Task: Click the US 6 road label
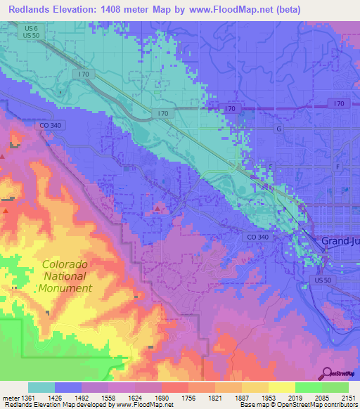29,27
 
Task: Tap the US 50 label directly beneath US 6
29,35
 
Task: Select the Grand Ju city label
340,242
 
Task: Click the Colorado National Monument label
65,276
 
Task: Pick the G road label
278,129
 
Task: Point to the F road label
337,167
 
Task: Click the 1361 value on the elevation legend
28,398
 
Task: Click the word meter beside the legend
10,398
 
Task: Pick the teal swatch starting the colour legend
41,387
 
